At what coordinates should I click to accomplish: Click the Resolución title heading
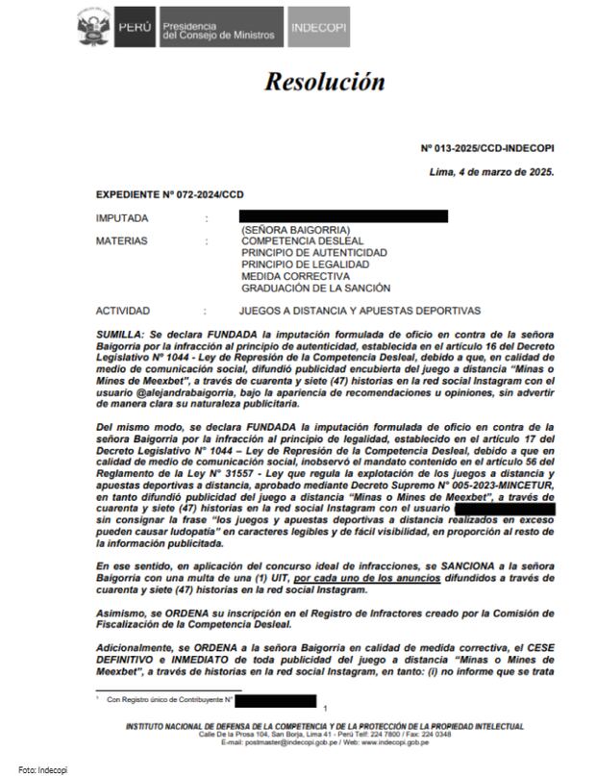tap(325, 83)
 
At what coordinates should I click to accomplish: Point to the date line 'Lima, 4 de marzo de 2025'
tap(491, 171)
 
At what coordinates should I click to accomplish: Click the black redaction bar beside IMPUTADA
tap(343, 216)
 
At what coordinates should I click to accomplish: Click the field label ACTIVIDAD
tap(123, 311)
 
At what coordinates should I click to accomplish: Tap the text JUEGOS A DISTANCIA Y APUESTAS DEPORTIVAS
tap(359, 311)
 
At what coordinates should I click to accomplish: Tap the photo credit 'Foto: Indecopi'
tap(38, 768)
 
